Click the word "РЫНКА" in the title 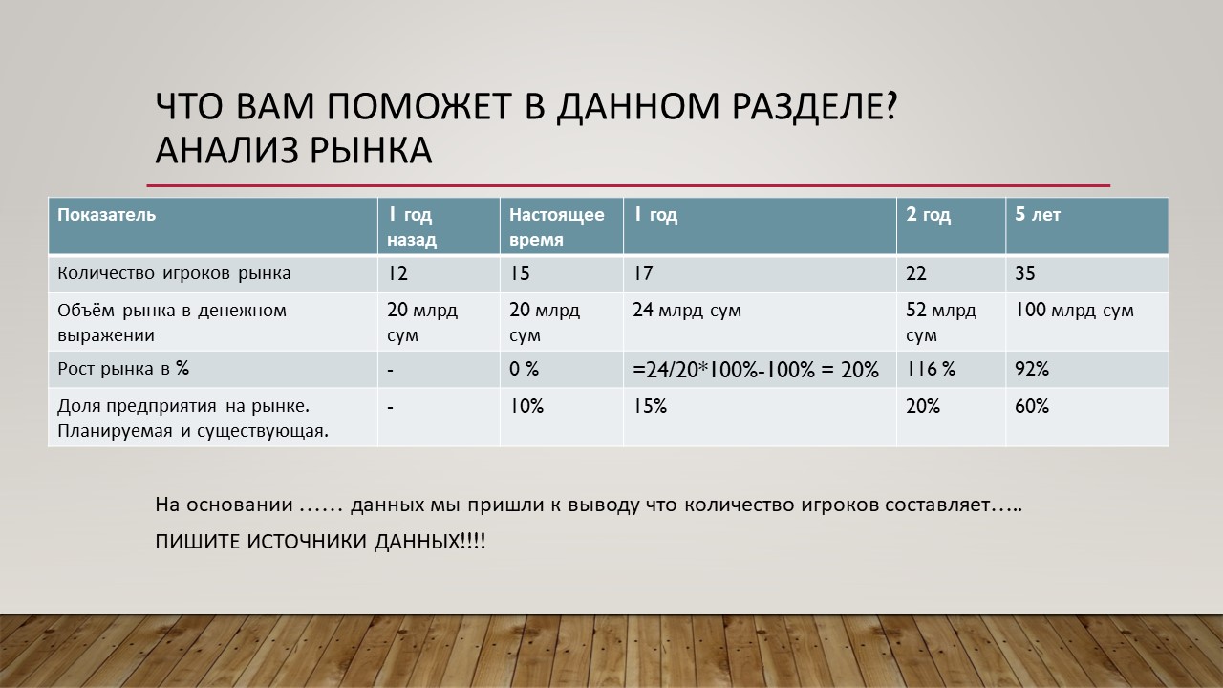[372, 150]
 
